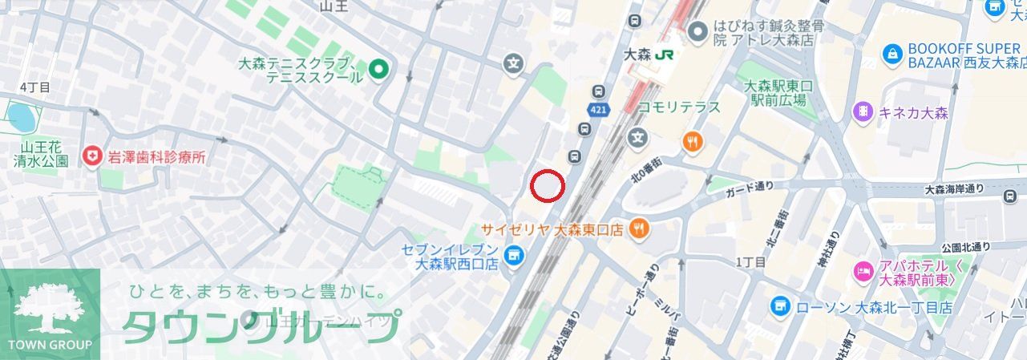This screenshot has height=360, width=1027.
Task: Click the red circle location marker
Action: tap(548, 186)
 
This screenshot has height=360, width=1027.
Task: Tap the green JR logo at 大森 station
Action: tap(663, 55)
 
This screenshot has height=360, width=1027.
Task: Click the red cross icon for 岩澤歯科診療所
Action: tap(94, 156)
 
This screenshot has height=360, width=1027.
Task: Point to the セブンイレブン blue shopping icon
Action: tap(515, 256)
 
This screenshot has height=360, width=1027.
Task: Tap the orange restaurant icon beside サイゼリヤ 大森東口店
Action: tap(639, 229)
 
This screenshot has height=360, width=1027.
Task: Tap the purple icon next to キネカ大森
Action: tap(863, 112)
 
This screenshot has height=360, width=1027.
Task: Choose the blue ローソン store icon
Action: tap(780, 306)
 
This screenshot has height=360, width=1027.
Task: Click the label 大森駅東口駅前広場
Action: tap(778, 93)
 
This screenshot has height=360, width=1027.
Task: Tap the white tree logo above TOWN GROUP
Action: tap(50, 309)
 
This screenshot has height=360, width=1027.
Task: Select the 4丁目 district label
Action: tap(34, 87)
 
